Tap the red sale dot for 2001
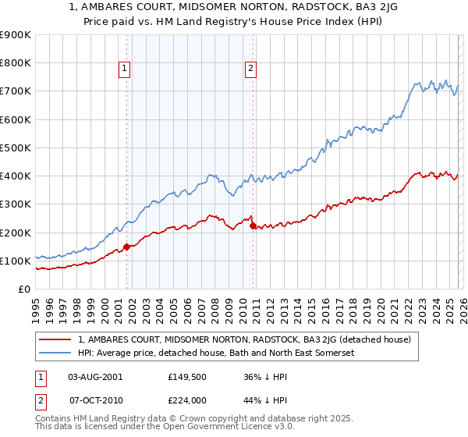point(126,247)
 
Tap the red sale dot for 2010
point(253,226)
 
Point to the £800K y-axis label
point(15,63)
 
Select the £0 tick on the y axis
point(23,290)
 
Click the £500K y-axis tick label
point(15,147)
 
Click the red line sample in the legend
point(56,339)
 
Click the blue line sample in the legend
point(56,354)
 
